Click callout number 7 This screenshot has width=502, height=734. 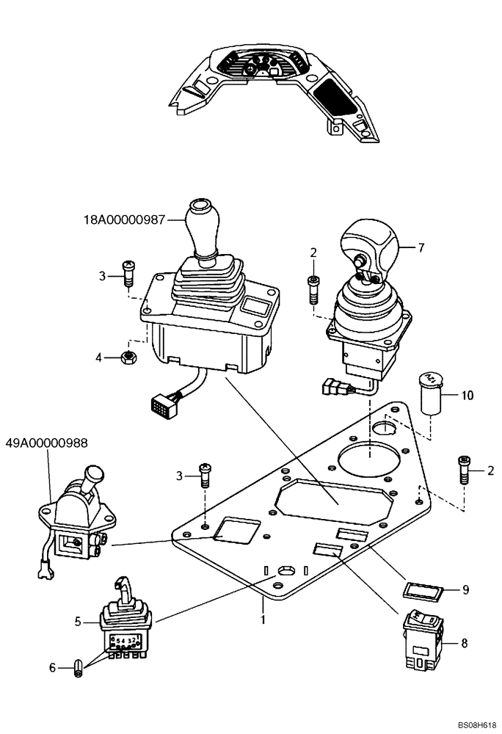pos(421,248)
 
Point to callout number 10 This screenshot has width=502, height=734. pos(467,395)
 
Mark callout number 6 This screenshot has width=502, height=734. pos(51,667)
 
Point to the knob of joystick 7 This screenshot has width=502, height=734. pos(368,247)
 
